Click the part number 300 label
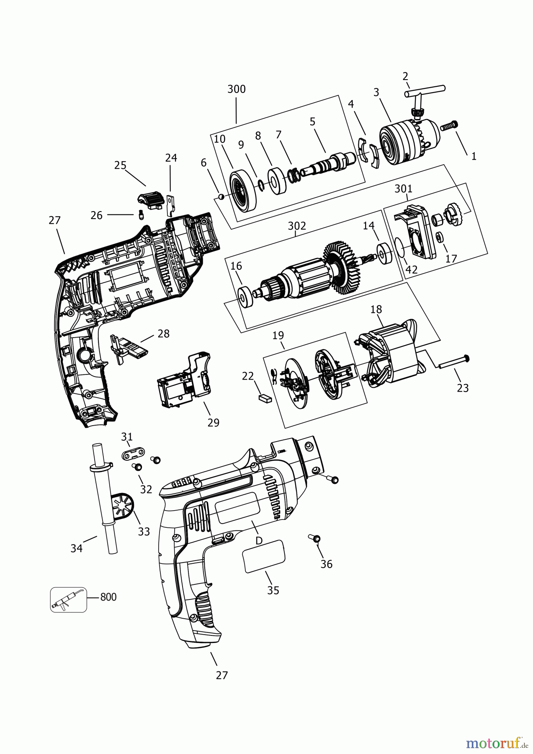(x=237, y=89)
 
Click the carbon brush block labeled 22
(x=265, y=398)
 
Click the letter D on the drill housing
(x=259, y=540)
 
